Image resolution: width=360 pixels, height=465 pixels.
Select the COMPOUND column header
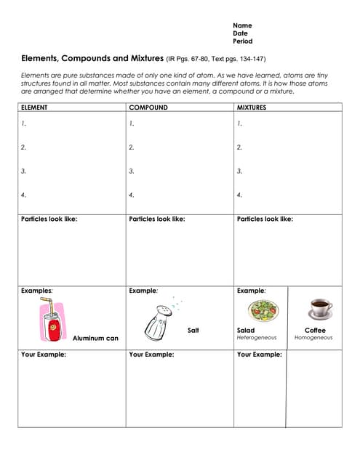coord(148,108)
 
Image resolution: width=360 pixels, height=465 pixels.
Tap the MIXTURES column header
coord(252,108)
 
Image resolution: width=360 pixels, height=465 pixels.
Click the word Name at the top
coord(242,25)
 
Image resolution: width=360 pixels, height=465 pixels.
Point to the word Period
coord(243,41)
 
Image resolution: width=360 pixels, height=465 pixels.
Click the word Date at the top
coord(240,33)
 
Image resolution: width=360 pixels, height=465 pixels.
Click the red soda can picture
coord(52,322)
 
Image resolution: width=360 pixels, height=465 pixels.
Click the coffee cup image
coord(319,309)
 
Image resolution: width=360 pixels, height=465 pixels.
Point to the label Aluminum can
coord(95,338)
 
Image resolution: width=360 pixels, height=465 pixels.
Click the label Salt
coord(193,331)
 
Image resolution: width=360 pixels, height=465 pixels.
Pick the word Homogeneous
coord(313,338)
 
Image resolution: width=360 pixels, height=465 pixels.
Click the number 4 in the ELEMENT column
coord(24,195)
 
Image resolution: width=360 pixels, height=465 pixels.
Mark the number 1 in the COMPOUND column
coord(132,124)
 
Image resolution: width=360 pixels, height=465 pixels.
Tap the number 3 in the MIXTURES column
coord(239,171)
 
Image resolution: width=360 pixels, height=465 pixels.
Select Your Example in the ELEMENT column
coord(44,355)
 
